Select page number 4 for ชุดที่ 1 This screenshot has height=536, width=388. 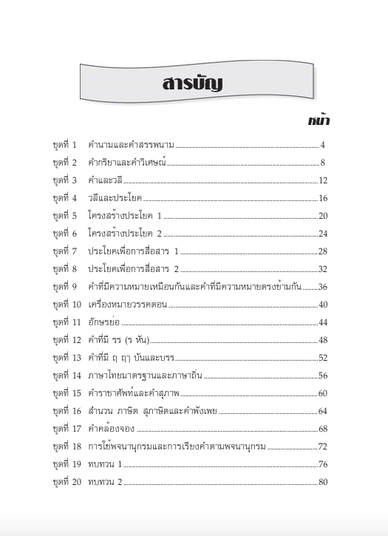click(x=323, y=144)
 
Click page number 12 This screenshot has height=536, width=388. click(x=322, y=180)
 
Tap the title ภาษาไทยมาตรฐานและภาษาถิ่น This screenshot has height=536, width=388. click(x=145, y=376)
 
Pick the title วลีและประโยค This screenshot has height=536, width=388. click(x=114, y=198)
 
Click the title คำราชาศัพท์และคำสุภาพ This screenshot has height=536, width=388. click(x=134, y=393)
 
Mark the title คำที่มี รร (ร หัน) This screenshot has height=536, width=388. click(x=119, y=340)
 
